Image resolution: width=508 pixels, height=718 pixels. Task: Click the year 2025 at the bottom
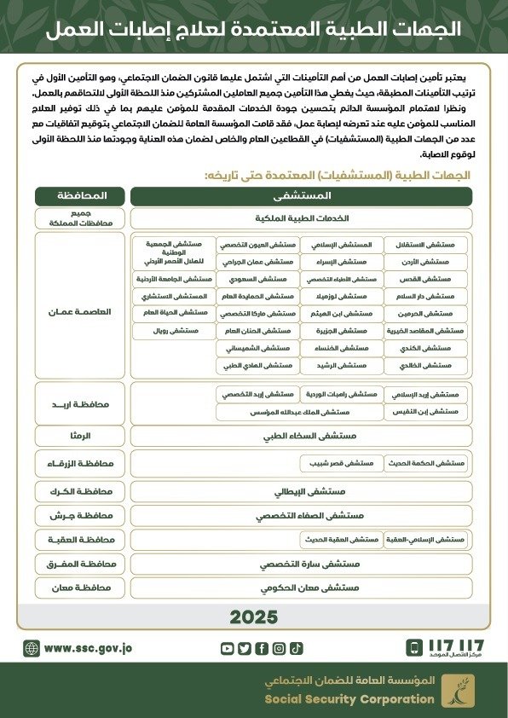[253, 617]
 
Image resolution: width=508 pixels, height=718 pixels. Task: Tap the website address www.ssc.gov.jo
[88, 648]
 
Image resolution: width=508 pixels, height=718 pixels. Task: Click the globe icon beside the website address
[32, 648]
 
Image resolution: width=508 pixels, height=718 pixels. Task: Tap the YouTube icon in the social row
[227, 648]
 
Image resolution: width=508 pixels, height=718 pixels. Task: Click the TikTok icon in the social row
[296, 648]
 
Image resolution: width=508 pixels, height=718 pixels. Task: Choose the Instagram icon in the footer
[279, 648]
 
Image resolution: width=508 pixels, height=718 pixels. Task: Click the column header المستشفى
[301, 195]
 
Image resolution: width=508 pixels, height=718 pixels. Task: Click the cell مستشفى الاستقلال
[426, 245]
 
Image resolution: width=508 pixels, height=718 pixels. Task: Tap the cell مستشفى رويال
[174, 330]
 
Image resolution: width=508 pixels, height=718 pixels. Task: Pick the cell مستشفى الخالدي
[426, 365]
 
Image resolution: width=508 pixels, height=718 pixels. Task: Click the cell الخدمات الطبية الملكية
[301, 218]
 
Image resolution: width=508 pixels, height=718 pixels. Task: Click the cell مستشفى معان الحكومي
[301, 588]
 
